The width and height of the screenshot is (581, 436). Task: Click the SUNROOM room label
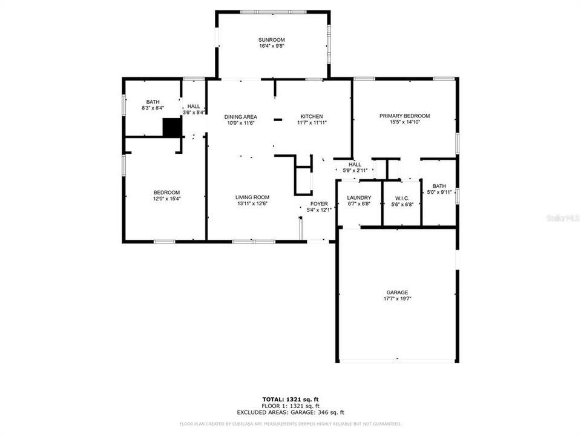[x=271, y=39]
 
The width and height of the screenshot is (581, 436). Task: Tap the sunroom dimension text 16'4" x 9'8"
[x=271, y=45]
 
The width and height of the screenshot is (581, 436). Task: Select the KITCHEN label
[x=312, y=116]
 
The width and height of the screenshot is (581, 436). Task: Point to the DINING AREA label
[x=241, y=116]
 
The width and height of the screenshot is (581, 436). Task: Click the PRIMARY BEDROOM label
[x=404, y=116]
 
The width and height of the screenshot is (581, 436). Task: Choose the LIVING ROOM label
[x=252, y=197]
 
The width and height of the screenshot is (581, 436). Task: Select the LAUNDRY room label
[x=359, y=198]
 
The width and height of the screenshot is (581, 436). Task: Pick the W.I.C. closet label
[x=402, y=198]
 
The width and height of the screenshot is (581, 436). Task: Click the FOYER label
[x=319, y=203]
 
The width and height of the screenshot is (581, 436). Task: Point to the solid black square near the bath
[x=172, y=128]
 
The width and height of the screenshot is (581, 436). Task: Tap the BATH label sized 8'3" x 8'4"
[x=153, y=102]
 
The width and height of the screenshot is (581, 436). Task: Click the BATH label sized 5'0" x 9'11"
[x=439, y=186]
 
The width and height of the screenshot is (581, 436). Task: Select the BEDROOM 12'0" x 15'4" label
[x=167, y=192]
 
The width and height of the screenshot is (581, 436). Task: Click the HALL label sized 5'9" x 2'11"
[x=355, y=164]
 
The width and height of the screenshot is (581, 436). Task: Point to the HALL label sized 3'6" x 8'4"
[x=194, y=106]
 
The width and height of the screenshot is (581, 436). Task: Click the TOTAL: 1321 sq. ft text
[x=290, y=399]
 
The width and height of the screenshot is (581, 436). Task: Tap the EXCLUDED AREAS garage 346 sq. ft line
[x=290, y=412]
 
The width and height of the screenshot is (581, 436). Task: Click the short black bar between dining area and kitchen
[x=278, y=120]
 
